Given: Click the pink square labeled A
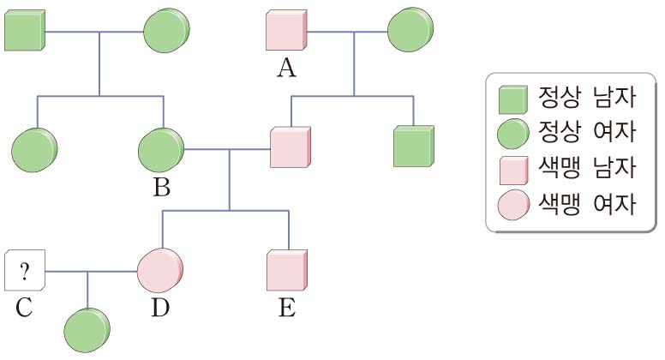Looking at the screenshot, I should (285, 33).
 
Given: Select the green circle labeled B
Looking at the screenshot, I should (160, 149).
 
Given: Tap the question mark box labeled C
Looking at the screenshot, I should (25, 273).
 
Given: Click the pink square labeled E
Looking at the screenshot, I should (287, 273).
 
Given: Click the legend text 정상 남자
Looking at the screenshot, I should (587, 99).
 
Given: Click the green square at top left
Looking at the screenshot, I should (25, 33).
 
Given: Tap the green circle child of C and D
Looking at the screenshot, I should (88, 328).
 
